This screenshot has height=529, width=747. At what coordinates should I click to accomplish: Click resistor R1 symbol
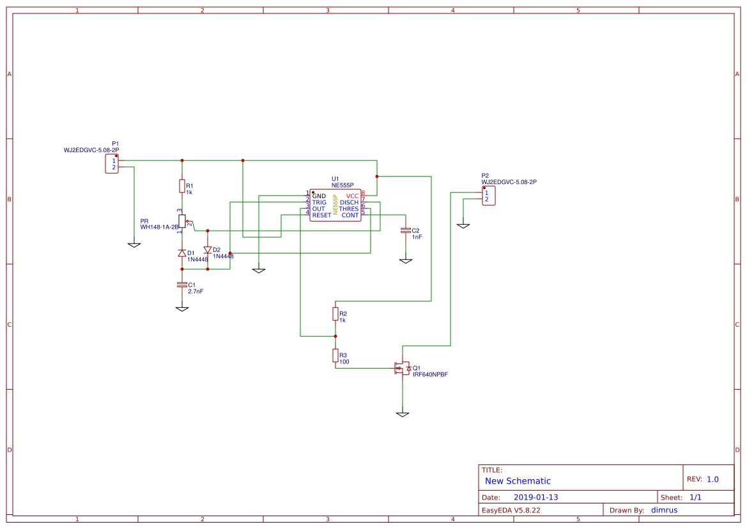182,186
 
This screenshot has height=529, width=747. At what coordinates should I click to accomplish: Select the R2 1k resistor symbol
335,314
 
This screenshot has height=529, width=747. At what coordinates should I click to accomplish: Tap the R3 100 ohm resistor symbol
335,355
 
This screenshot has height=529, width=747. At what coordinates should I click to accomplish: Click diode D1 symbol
182,254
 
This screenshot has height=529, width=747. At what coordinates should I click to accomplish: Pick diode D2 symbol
207,250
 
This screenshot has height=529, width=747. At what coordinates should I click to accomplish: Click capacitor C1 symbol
182,284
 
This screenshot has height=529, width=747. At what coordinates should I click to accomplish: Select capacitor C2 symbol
405,230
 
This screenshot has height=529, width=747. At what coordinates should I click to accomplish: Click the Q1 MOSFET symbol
402,368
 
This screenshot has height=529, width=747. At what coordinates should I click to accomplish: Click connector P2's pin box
486,196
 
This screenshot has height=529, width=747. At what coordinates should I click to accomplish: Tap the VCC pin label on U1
352,195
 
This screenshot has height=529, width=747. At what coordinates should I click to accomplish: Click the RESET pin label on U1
321,215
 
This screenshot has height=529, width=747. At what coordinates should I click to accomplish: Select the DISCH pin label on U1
349,203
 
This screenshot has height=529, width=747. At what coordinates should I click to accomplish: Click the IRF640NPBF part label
430,375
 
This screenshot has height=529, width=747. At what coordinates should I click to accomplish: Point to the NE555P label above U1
343,185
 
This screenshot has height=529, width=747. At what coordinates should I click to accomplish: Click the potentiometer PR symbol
182,221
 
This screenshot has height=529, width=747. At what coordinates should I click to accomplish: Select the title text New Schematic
518,481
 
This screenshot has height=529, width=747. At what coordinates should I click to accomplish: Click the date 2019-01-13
535,497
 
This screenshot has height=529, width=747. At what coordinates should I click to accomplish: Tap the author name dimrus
664,510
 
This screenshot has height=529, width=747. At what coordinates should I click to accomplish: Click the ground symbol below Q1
402,414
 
